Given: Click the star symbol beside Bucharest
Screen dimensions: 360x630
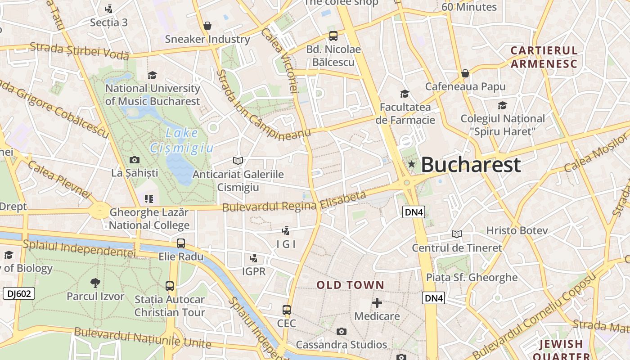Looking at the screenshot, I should (x=411, y=164).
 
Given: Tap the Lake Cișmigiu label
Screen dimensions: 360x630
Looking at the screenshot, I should (x=182, y=140).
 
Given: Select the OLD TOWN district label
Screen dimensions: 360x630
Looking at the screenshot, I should (x=350, y=285).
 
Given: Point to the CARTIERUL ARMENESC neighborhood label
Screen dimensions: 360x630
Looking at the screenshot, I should (x=544, y=57).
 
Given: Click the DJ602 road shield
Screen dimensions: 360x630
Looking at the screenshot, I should (x=18, y=294).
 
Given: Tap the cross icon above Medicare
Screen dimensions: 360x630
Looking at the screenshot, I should (x=377, y=303).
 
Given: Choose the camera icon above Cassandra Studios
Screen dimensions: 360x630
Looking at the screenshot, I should (x=342, y=332).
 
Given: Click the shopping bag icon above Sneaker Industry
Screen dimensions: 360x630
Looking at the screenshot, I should (x=207, y=26).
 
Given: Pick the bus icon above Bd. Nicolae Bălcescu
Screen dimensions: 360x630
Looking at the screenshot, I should (x=333, y=36).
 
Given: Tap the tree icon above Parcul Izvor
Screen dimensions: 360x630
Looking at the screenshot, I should (x=95, y=283).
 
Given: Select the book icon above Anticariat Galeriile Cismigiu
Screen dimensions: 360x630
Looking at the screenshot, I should (x=238, y=161).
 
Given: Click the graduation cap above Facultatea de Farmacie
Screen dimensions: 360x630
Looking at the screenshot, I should (x=405, y=94).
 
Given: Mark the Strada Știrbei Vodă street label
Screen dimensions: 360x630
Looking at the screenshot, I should (x=79, y=51).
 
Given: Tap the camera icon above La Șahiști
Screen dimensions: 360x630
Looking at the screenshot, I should (x=134, y=160).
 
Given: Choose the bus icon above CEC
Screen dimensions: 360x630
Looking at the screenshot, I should (x=286, y=310).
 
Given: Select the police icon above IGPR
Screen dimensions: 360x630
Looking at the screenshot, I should (x=254, y=258).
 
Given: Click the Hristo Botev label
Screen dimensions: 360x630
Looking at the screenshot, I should (x=517, y=230).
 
